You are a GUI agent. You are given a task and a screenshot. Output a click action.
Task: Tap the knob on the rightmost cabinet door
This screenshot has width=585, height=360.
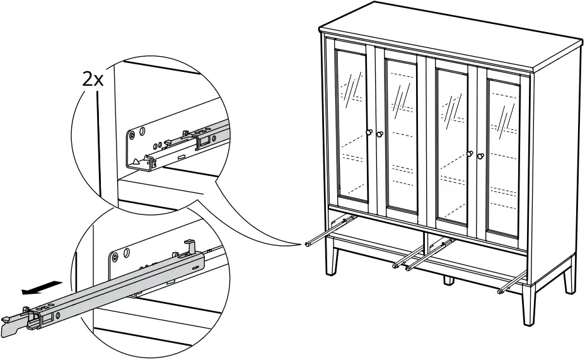click(x=480, y=156)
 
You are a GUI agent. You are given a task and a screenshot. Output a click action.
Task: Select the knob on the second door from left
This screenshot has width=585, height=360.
click(x=379, y=134)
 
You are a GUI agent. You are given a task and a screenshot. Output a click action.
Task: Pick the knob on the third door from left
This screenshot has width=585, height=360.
click(x=470, y=153)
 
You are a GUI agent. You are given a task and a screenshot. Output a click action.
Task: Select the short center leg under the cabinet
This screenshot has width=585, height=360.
click(x=448, y=279)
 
